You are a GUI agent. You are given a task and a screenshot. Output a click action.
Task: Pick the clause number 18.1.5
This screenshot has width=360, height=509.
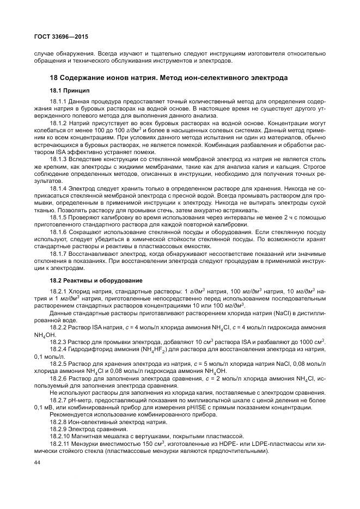(x=59, y=217)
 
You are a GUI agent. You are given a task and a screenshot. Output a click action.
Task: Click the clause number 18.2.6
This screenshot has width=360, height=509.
(x=59, y=377)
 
